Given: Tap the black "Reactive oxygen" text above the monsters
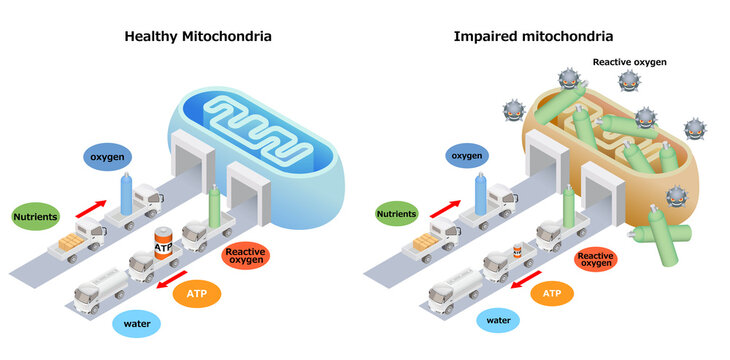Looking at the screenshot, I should [x=628, y=62].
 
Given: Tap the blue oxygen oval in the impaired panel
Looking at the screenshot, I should [x=466, y=156].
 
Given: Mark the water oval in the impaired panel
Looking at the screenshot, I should [x=497, y=321].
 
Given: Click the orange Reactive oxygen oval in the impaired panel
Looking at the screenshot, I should [x=603, y=259].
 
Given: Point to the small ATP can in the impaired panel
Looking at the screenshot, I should [x=518, y=252].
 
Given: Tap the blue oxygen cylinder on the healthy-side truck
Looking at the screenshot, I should [x=126, y=192].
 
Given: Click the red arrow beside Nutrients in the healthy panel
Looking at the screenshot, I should [x=90, y=208].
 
